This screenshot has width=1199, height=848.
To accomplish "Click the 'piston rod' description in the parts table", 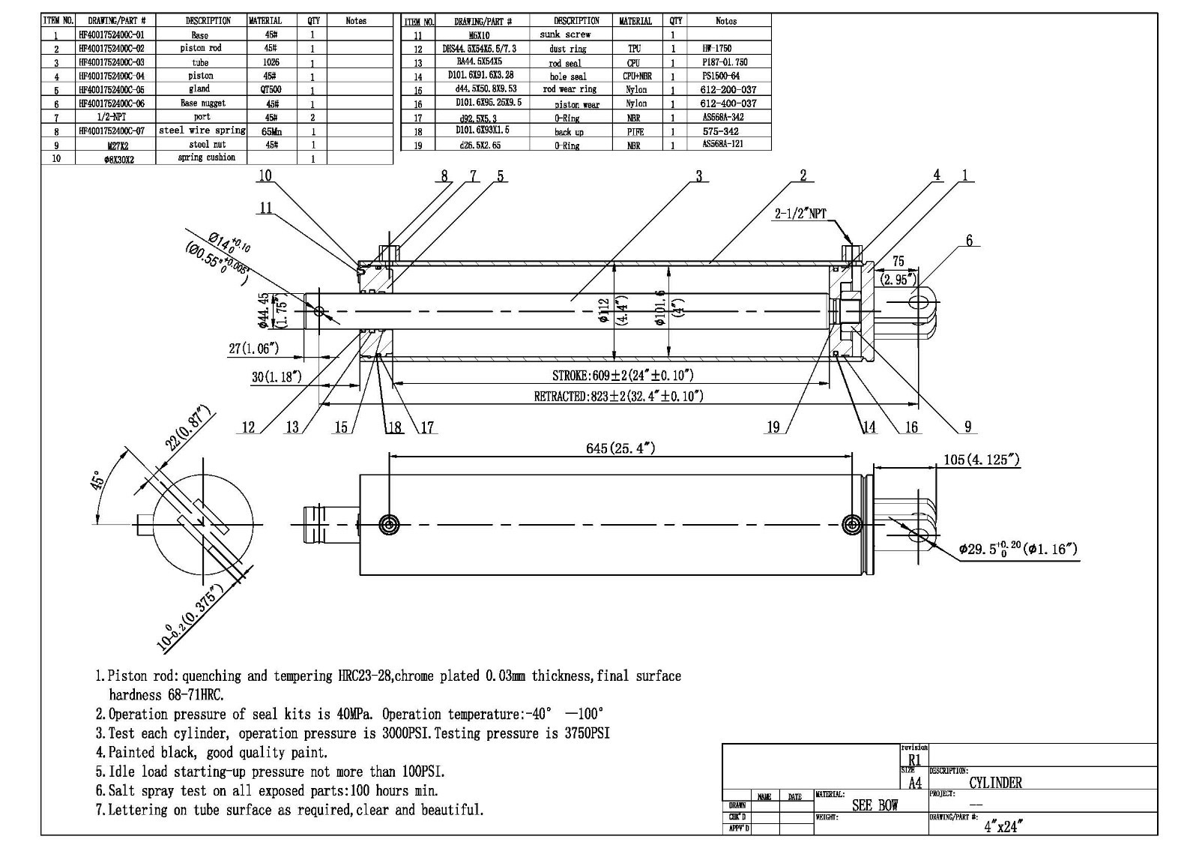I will pyautogui.click(x=200, y=48).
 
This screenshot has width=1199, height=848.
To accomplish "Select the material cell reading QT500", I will pyautogui.click(x=271, y=89).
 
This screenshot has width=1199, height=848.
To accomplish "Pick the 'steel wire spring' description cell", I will pyautogui.click(x=202, y=130).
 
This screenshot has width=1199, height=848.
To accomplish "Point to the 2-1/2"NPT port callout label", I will pyautogui.click(x=800, y=214).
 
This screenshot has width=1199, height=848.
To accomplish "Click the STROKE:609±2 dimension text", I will pyautogui.click(x=622, y=375).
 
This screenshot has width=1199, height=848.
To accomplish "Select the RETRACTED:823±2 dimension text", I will pyautogui.click(x=618, y=396).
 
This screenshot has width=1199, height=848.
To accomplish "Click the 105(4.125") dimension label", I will pyautogui.click(x=981, y=460).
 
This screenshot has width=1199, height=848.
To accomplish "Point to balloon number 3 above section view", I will pyautogui.click(x=698, y=176).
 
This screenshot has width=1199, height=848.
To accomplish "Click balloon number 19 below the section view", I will pyautogui.click(x=773, y=427).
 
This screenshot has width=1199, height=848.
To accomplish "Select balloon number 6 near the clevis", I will pyautogui.click(x=969, y=241).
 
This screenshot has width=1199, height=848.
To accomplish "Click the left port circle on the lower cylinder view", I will pyautogui.click(x=388, y=524).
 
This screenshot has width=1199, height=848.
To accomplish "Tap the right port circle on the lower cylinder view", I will pyautogui.click(x=852, y=524).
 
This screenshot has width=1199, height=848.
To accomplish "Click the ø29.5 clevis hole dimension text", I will pyautogui.click(x=1018, y=550).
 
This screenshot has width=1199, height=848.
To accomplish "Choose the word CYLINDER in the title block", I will pyautogui.click(x=995, y=783).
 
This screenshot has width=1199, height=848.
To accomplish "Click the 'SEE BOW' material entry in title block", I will pyautogui.click(x=875, y=806).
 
